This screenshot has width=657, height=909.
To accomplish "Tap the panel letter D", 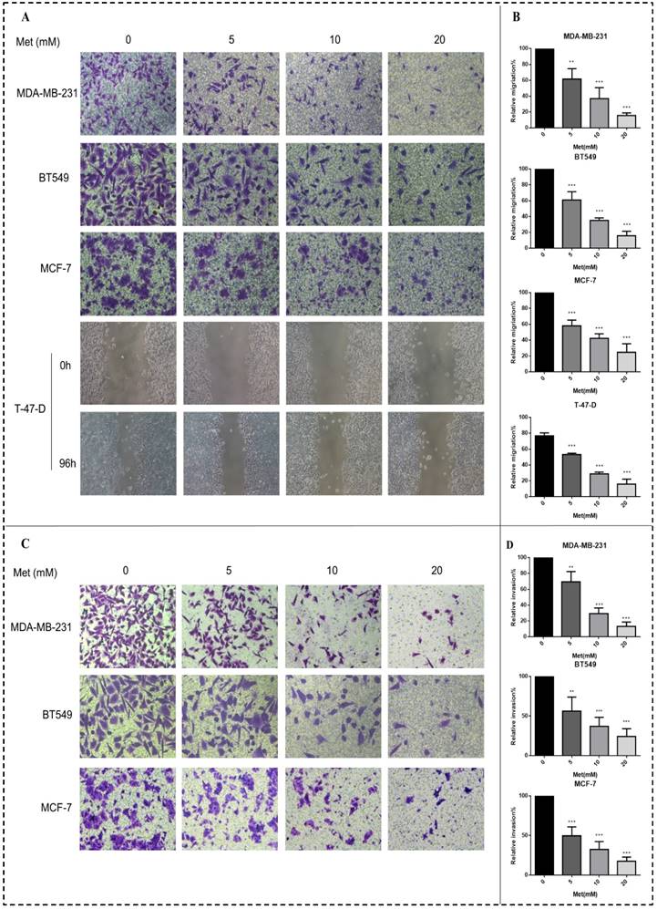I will click(517, 545).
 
